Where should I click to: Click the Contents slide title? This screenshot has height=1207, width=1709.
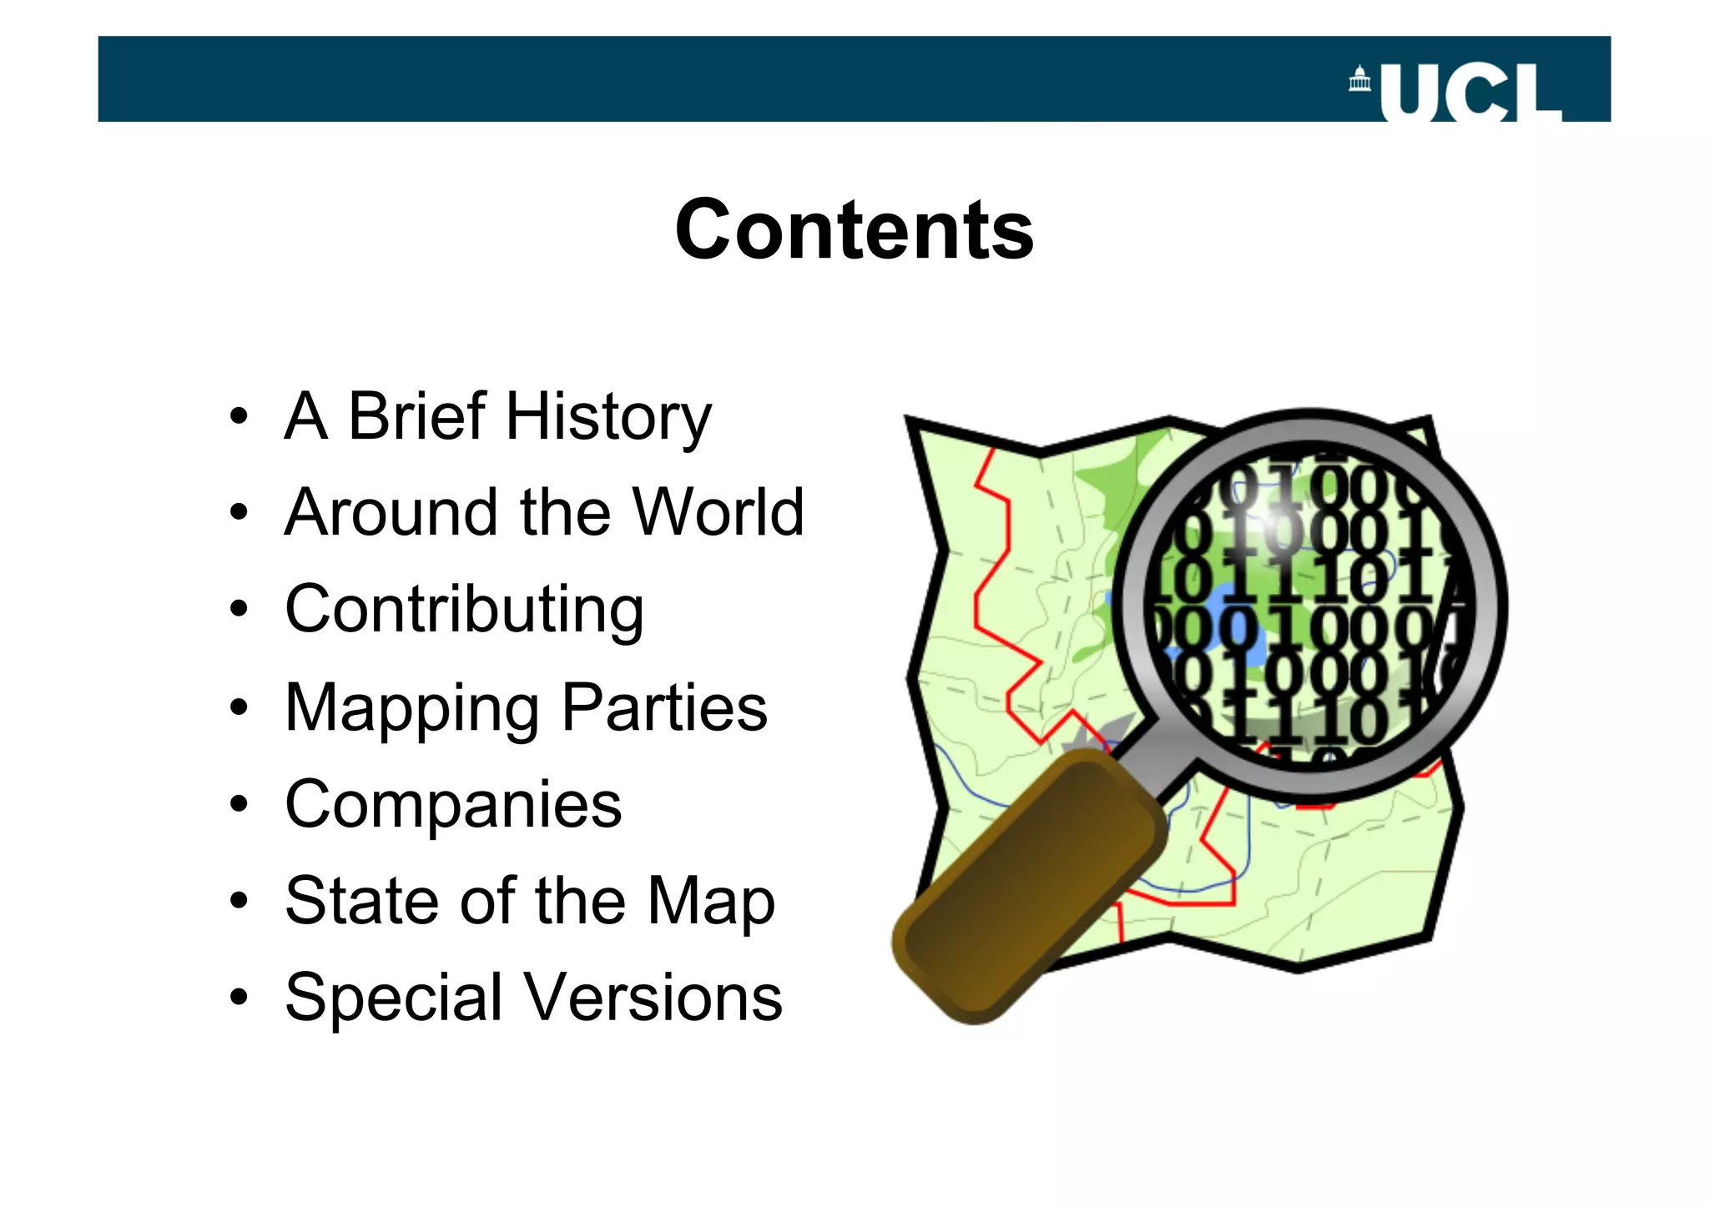point(854,230)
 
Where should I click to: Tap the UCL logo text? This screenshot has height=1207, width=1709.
point(1470,93)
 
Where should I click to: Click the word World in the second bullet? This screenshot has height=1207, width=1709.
point(718,512)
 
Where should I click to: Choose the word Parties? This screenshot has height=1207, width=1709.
point(664,707)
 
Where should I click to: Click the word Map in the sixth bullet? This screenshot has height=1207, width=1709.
point(711,903)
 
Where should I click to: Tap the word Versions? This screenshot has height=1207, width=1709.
point(652,998)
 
